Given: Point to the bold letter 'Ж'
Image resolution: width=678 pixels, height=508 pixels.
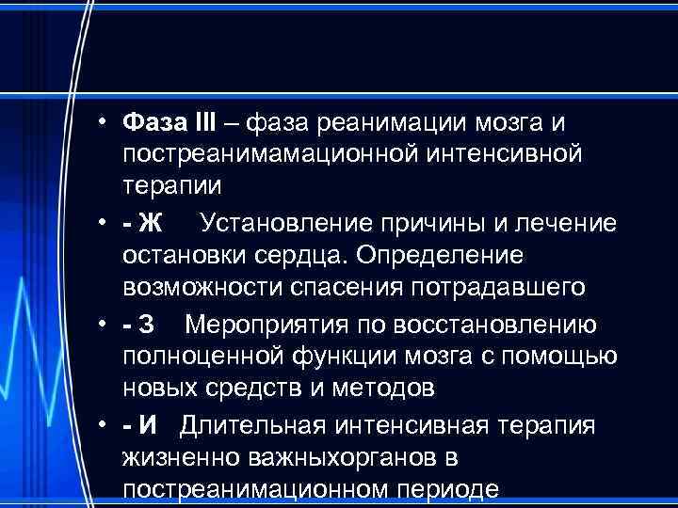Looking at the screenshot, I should (x=151, y=223).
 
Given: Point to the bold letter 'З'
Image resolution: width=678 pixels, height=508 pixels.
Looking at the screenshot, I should (x=147, y=325).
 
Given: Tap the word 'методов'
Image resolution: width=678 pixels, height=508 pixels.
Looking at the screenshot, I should (x=390, y=386).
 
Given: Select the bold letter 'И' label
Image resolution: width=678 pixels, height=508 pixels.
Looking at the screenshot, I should (x=148, y=425).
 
